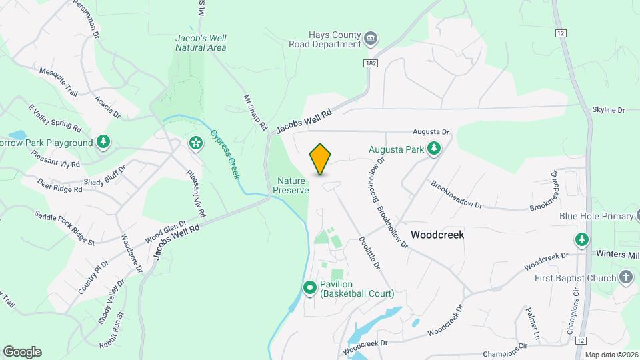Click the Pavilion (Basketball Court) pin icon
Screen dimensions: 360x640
[x=310, y=288]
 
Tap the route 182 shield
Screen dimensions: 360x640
[x=371, y=63]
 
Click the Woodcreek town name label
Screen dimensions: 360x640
[x=437, y=235]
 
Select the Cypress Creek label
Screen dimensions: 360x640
[x=225, y=153]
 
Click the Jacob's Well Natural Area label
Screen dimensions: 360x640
[x=201, y=43]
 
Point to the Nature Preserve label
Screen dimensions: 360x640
[x=291, y=185]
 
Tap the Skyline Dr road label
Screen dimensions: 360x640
[x=608, y=110]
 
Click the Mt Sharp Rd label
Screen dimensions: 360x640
[x=255, y=112]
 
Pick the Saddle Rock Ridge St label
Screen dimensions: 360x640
[x=64, y=227]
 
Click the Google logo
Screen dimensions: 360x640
[x=22, y=352]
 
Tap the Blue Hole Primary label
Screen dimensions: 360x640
[x=595, y=216]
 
